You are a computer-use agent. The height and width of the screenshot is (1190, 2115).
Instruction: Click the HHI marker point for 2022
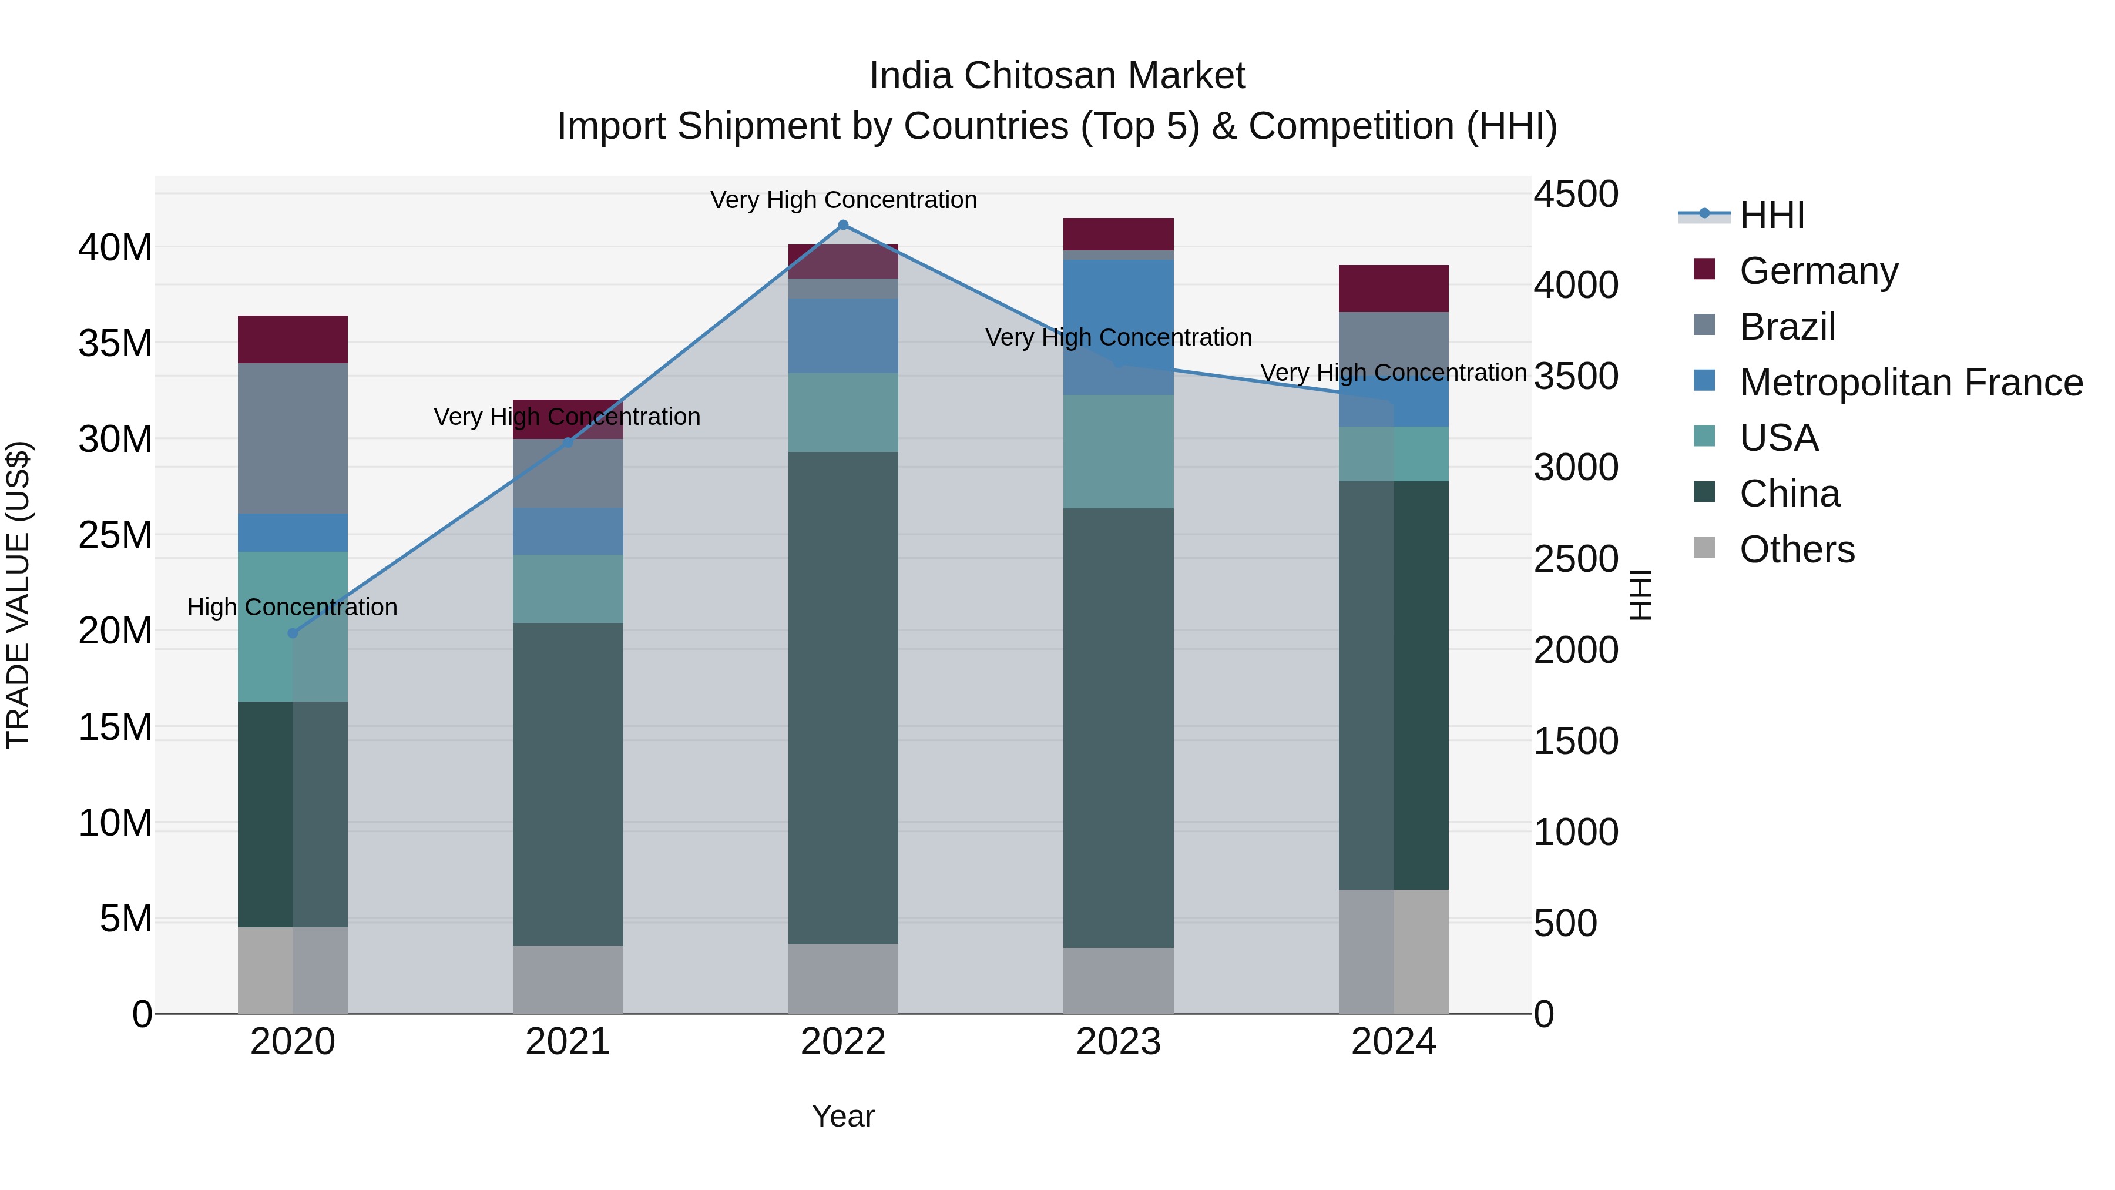tap(842, 225)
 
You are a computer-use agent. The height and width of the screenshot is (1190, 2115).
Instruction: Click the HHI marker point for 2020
tap(293, 633)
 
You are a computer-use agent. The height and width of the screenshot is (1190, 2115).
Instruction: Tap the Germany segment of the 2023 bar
tap(1117, 234)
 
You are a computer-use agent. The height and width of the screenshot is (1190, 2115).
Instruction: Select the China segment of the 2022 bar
tap(842, 698)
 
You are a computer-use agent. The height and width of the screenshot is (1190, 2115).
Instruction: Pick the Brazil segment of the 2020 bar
tap(293, 438)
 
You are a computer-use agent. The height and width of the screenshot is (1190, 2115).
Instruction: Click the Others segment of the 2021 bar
tap(568, 979)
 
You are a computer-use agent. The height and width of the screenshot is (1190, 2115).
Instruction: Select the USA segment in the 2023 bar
tap(1117, 452)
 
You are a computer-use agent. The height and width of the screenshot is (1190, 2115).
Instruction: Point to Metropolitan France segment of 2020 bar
tap(293, 533)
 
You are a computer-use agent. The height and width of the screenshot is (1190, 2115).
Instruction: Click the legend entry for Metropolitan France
tap(1911, 383)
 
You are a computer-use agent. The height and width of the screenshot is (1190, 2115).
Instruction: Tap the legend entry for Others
tap(1797, 549)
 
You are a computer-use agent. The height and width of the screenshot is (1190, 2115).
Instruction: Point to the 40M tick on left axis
tap(115, 247)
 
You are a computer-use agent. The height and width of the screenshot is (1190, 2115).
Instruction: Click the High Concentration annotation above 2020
tap(293, 607)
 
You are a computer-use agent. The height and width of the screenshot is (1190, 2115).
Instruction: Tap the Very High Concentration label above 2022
tap(842, 200)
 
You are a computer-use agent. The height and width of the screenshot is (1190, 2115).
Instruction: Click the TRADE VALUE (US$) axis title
tap(18, 595)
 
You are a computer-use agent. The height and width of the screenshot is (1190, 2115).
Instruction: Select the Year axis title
tap(842, 1116)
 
